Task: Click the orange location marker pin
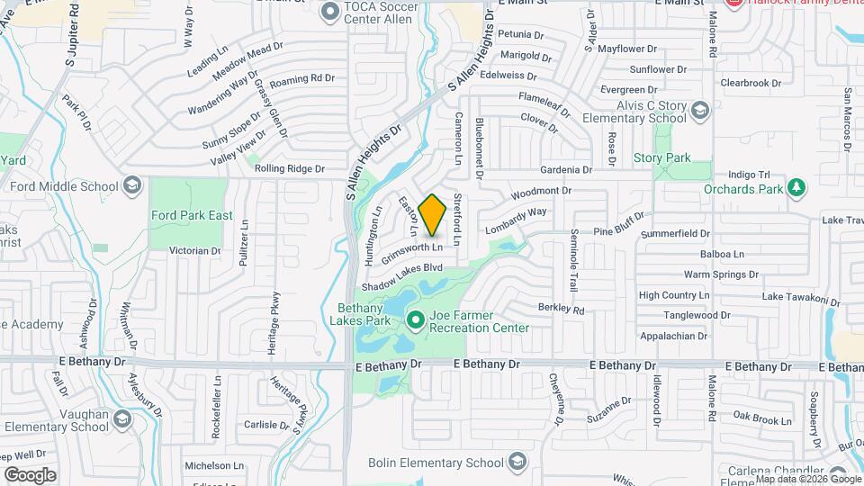point(433,214)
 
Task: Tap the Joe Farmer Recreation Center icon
point(416,319)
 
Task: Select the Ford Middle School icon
point(132,186)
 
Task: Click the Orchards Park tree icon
point(796,187)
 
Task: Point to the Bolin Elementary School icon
point(517,463)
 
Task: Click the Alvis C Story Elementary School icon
point(700,110)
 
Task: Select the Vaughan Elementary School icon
point(122,418)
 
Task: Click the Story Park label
point(661,158)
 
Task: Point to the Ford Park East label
point(192,215)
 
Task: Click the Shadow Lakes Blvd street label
point(403,276)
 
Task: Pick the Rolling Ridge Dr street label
point(288,168)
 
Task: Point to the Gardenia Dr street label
point(565,169)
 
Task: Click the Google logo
point(30,474)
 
